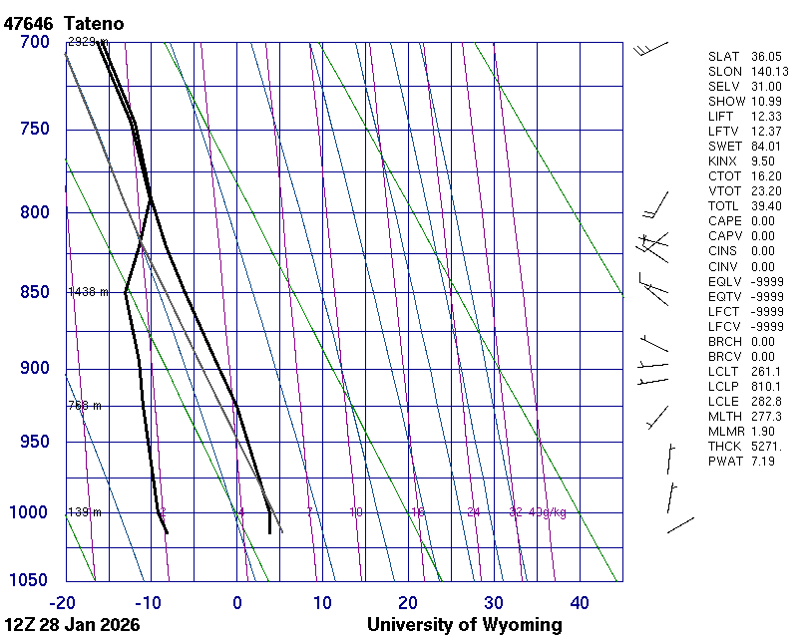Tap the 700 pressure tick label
pyautogui.click(x=34, y=42)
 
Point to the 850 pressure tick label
pyautogui.click(x=34, y=292)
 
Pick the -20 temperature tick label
pyautogui.click(x=63, y=602)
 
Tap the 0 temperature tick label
pyautogui.click(x=237, y=602)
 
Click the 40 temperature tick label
pyautogui.click(x=580, y=602)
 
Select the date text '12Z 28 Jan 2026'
pyautogui.click(x=72, y=626)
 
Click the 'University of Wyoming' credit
pyautogui.click(x=464, y=626)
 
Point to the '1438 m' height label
pyautogui.click(x=88, y=292)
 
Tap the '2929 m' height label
pyautogui.click(x=88, y=42)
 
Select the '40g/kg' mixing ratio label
pyautogui.click(x=549, y=512)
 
